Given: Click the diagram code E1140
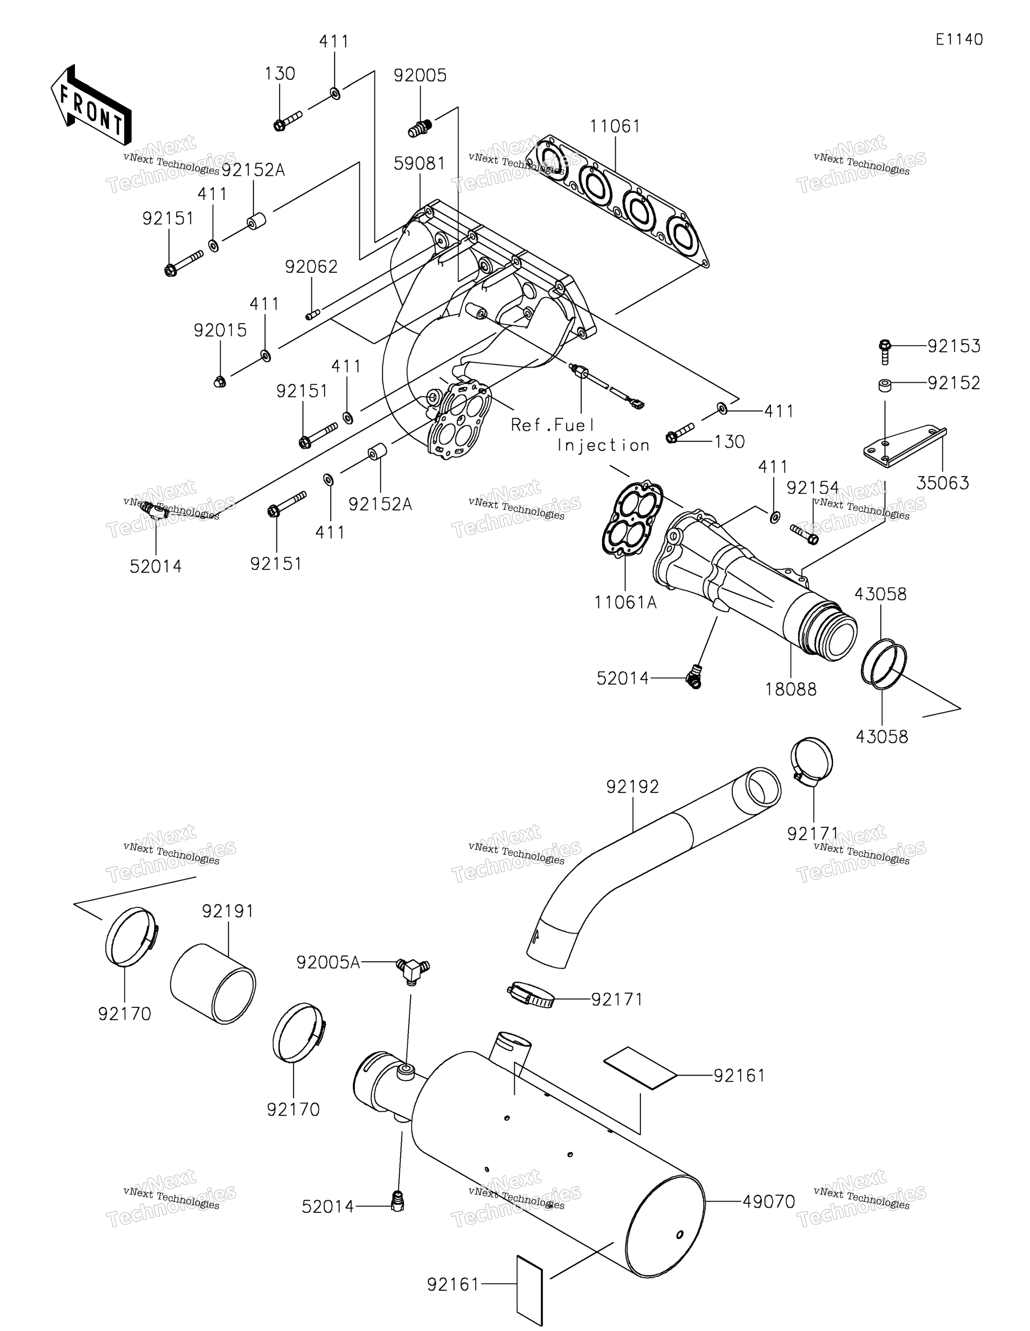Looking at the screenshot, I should pos(959,40).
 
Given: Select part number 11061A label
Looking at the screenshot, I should pos(625,603).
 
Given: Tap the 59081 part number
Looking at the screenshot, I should pos(419,163).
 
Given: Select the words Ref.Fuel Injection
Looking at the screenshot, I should pos(579,435).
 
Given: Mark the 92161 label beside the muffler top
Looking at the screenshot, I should pos(739,1076).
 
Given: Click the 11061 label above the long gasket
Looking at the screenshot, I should pos(615,126).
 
